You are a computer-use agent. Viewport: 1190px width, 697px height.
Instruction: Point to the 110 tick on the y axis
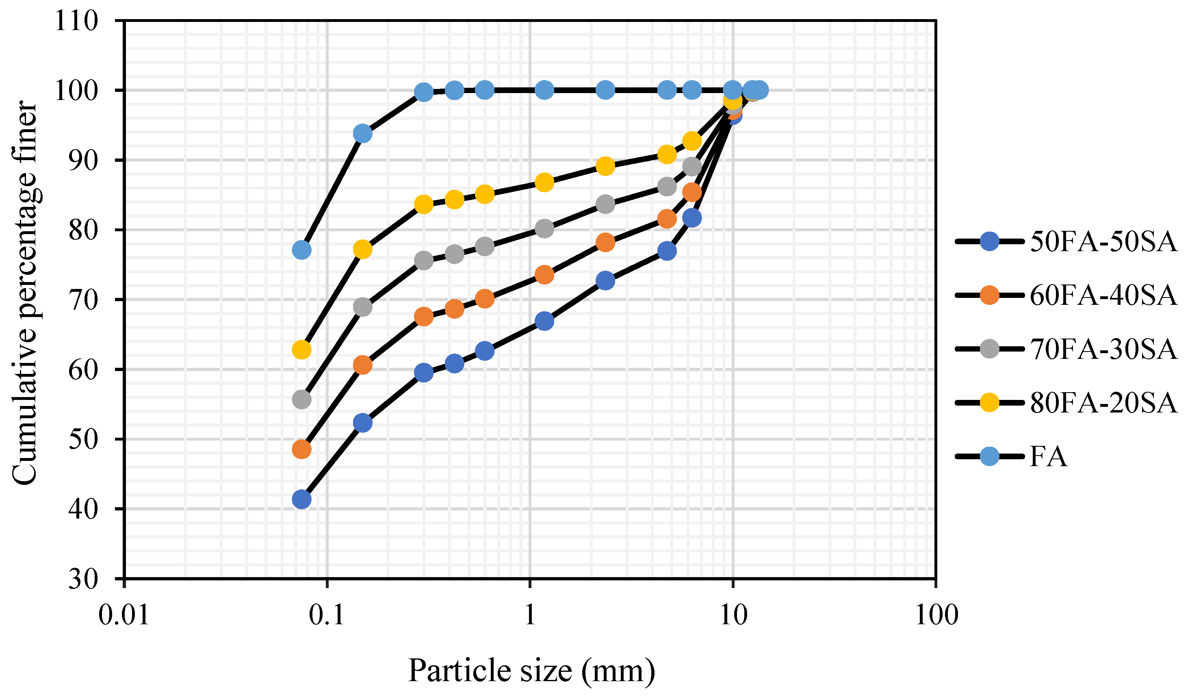click(x=76, y=21)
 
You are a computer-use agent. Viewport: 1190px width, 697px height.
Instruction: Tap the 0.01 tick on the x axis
click(x=124, y=615)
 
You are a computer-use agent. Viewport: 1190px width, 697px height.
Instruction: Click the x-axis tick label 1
click(x=530, y=615)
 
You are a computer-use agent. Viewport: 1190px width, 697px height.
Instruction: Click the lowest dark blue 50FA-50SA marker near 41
click(x=302, y=499)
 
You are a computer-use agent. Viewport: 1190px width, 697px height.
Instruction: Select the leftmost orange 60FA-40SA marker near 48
click(x=302, y=449)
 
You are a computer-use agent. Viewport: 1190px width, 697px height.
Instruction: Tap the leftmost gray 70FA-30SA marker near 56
click(x=302, y=400)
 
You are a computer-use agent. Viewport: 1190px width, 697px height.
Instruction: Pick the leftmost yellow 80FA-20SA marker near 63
click(x=302, y=350)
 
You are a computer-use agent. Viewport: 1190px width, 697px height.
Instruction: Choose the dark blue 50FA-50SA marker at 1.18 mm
click(x=544, y=321)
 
